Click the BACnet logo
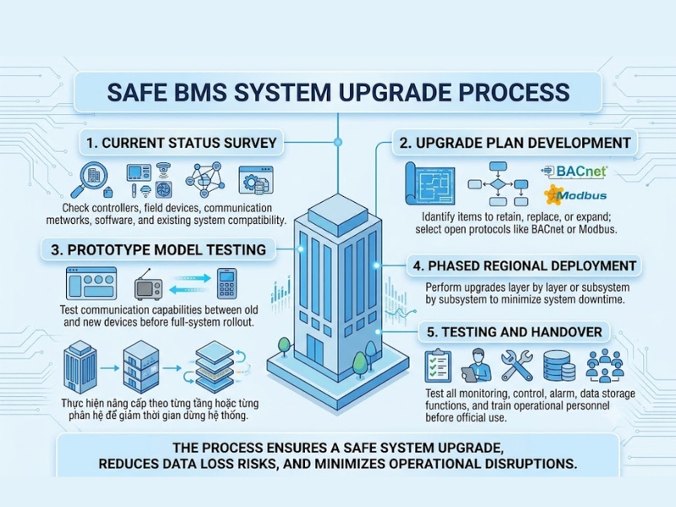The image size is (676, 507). click(575, 172)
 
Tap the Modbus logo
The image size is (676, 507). click(575, 195)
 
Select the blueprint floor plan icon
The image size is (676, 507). click(430, 183)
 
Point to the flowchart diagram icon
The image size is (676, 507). click(498, 184)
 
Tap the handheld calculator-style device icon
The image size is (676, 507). click(226, 283)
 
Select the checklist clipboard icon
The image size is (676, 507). click(438, 366)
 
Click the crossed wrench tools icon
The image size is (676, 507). click(517, 365)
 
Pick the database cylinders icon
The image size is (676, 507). click(559, 366)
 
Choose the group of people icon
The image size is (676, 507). click(605, 366)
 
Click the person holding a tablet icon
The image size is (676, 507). click(477, 366)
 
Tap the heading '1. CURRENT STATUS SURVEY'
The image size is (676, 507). click(182, 143)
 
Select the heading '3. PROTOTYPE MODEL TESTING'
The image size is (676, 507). click(158, 249)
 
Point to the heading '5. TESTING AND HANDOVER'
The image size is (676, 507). click(515, 331)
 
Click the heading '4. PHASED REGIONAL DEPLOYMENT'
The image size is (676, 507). click(525, 265)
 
